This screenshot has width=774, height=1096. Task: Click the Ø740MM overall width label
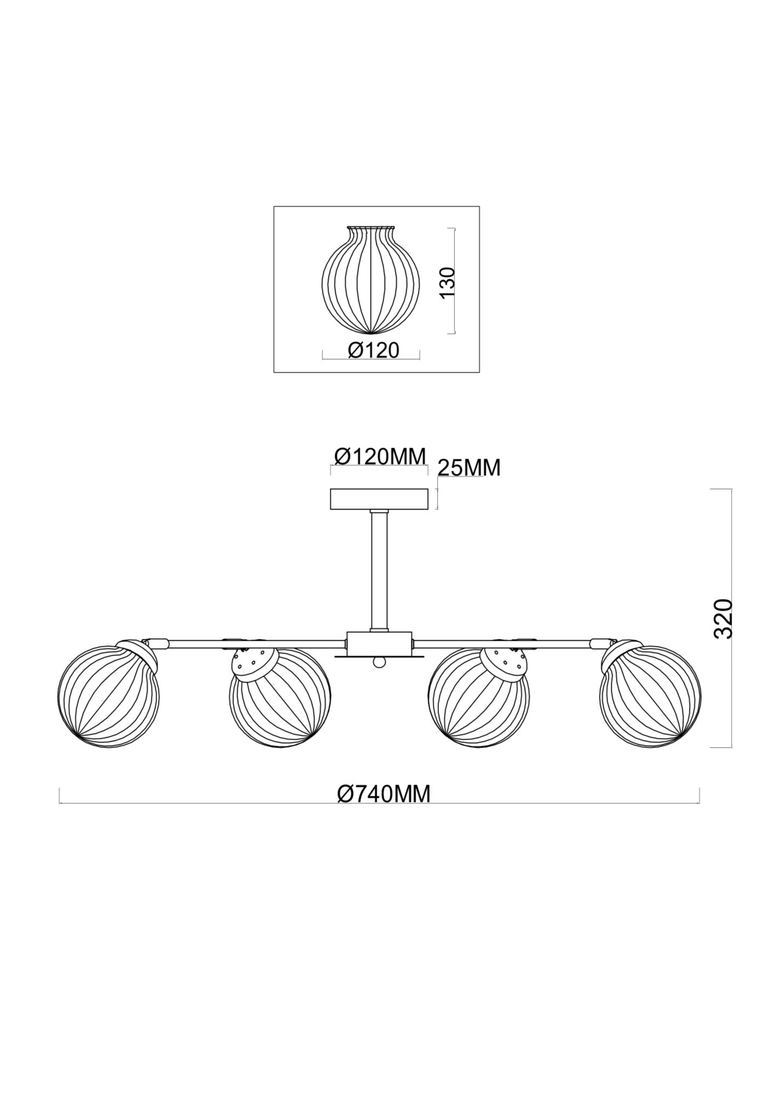[383, 794]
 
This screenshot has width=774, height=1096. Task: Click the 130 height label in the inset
[448, 282]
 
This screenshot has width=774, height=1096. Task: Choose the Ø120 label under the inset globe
[374, 350]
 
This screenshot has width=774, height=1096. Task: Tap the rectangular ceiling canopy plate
[379, 499]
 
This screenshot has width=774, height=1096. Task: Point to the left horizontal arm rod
[252, 641]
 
